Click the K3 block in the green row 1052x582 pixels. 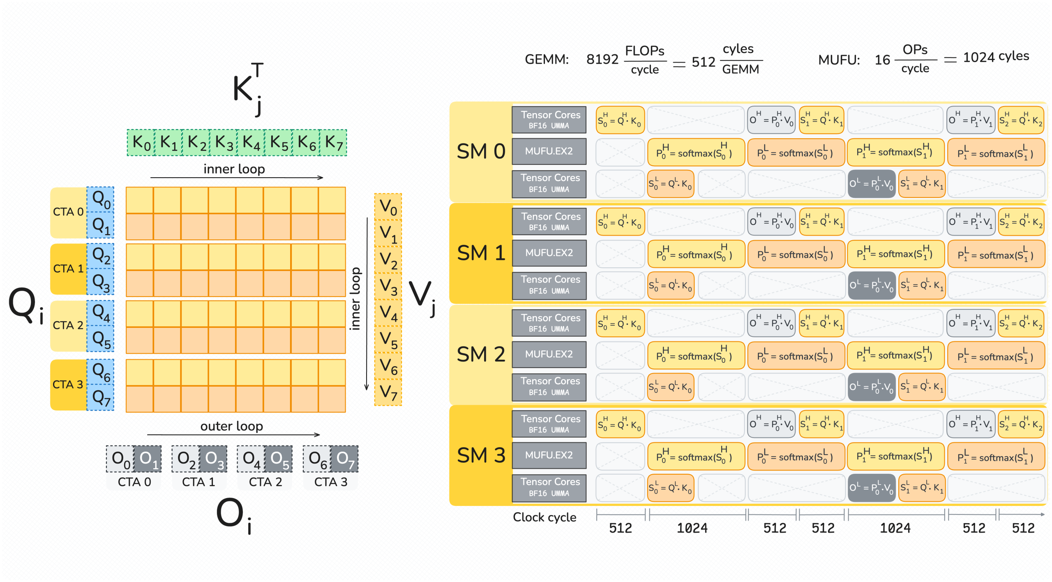tap(224, 143)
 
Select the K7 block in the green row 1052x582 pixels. tap(333, 143)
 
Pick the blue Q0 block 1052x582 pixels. tap(101, 200)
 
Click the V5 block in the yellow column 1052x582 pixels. tap(388, 340)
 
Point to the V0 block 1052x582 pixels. tap(388, 207)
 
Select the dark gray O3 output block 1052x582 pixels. tap(213, 459)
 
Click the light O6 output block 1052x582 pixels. tap(317, 459)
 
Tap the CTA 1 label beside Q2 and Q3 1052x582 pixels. tap(68, 269)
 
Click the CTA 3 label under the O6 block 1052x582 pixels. tap(330, 482)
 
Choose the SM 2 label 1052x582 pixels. tap(481, 354)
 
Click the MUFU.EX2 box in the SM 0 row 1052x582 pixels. tap(549, 151)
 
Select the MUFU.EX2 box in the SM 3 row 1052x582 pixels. tap(549, 455)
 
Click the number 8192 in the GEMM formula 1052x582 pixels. tap(602, 60)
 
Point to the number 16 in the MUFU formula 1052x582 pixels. tap(882, 60)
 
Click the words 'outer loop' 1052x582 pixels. tap(231, 426)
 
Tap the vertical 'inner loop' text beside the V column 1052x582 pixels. tap(355, 299)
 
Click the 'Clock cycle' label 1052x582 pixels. tap(544, 517)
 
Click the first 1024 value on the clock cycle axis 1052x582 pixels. tap(692, 528)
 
